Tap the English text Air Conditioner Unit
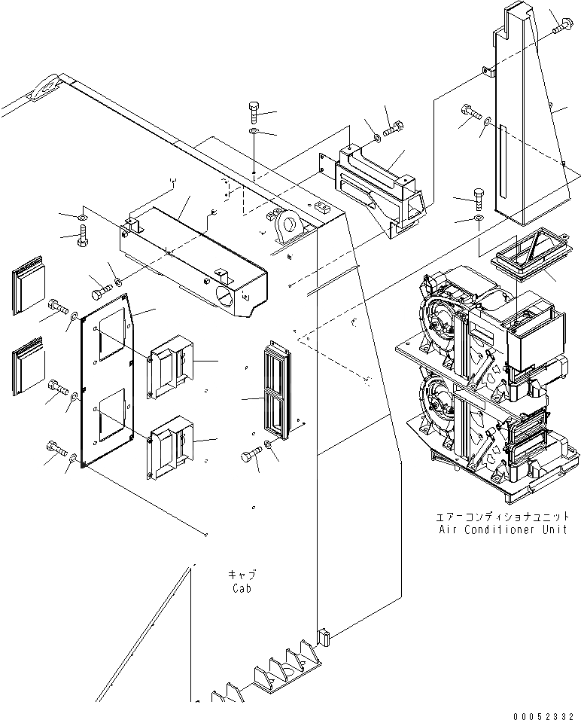pyautogui.click(x=498, y=529)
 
